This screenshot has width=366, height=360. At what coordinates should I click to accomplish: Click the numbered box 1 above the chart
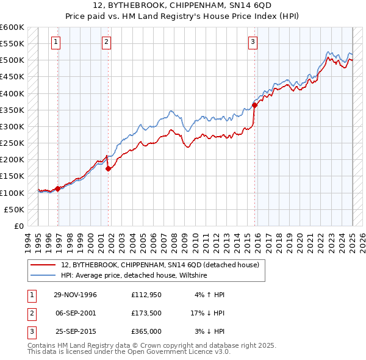coord(56,42)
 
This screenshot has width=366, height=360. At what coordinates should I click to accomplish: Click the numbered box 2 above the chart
coord(106,42)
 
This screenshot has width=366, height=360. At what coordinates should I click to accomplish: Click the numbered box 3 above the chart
coord(253,42)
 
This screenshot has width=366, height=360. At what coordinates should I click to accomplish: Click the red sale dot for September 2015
coord(255,105)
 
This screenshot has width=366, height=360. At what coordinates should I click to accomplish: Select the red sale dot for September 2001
coord(108,168)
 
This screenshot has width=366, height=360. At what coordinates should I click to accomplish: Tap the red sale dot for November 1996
coord(58,189)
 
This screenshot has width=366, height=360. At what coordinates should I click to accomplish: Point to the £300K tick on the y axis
coord(13,126)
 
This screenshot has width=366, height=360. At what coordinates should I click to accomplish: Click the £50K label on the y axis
coord(15,209)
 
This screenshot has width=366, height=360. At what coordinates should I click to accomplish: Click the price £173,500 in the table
coord(146,314)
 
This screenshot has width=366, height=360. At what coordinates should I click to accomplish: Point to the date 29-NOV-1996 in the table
coord(75,295)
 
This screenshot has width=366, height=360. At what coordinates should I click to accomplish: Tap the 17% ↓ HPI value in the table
coord(207,314)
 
